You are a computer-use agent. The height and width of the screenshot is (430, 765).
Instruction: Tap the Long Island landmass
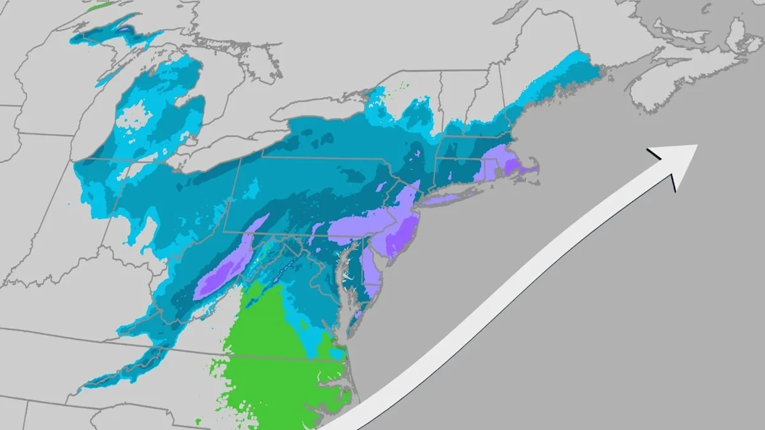tap(446, 199)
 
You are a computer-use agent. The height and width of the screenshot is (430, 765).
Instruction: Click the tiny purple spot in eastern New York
tap(418, 154)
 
